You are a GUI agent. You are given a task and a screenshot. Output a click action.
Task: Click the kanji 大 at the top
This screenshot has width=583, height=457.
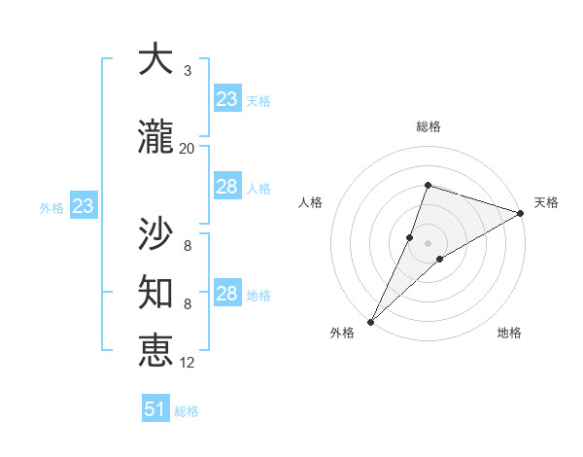pyautogui.click(x=155, y=60)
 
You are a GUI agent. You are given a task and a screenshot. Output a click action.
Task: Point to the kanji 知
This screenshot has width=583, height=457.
pyautogui.click(x=155, y=290)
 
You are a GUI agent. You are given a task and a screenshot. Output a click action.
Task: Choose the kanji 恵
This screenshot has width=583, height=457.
pyautogui.click(x=155, y=349)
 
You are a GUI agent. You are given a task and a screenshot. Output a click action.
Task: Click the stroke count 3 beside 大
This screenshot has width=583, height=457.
pyautogui.click(x=187, y=71)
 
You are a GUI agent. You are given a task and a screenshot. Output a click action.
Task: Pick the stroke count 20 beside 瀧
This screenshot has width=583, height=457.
pyautogui.click(x=187, y=148)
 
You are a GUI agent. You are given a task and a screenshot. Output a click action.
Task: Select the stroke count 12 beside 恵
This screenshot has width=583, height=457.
pyautogui.click(x=188, y=362)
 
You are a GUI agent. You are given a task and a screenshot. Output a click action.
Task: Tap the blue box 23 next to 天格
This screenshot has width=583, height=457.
pyautogui.click(x=227, y=99)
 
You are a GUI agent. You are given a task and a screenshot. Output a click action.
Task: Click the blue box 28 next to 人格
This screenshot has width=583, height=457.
pyautogui.click(x=227, y=187)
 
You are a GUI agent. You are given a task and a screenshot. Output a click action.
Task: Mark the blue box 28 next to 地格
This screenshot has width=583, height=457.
pyautogui.click(x=227, y=294)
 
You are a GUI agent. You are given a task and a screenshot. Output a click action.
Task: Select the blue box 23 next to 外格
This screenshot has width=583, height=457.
pyautogui.click(x=83, y=206)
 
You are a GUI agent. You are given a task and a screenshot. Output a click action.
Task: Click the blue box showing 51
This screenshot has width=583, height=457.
pyautogui.click(x=154, y=409)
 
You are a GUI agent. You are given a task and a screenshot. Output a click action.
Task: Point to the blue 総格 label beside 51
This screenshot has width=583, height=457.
pyautogui.click(x=187, y=411)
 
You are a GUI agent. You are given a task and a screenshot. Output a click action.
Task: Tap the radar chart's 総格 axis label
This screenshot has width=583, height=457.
pyautogui.click(x=429, y=126)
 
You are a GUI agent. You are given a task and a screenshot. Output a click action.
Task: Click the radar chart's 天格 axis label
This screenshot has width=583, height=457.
pyautogui.click(x=546, y=202)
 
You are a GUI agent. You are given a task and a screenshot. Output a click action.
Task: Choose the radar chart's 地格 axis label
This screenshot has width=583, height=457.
pyautogui.click(x=509, y=333)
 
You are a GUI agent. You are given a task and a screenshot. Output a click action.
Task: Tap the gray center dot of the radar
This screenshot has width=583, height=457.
pyautogui.click(x=429, y=243)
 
